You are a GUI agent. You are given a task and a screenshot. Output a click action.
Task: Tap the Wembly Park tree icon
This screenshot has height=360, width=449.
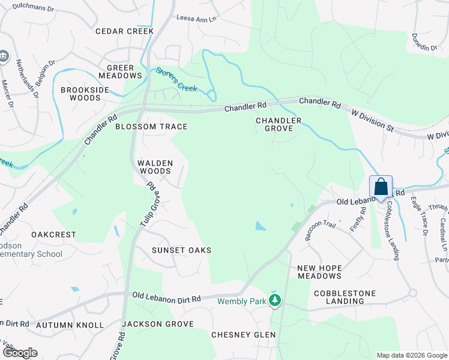click(275, 300)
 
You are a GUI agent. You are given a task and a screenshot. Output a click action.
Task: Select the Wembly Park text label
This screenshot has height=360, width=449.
click(241, 301)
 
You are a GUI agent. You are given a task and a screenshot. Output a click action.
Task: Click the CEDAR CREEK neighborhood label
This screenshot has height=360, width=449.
click(124, 31)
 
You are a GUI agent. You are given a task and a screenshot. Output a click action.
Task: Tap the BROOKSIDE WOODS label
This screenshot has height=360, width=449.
click(85, 94)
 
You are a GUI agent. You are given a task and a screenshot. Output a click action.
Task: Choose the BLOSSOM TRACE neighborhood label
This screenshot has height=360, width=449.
click(151, 127)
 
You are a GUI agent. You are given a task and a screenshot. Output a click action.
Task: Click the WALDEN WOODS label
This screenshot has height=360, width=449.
click(155, 167)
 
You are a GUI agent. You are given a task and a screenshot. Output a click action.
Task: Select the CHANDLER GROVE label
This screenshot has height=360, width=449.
click(278, 124)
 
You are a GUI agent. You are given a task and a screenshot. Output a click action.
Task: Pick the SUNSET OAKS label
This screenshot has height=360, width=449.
click(181, 250)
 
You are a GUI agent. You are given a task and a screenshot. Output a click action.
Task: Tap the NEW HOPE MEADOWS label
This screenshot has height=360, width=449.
click(319, 272)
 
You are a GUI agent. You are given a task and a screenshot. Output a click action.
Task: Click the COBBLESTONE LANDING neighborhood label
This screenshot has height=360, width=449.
click(345, 297)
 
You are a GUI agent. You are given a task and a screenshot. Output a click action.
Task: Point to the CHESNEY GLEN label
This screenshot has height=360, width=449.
click(243, 335)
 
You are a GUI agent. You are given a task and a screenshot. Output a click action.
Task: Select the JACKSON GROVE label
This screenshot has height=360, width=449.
click(157, 324)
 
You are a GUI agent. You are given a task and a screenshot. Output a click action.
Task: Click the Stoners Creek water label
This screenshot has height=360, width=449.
click(176, 79)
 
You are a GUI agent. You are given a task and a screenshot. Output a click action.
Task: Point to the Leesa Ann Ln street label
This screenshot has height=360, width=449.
click(196, 19)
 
